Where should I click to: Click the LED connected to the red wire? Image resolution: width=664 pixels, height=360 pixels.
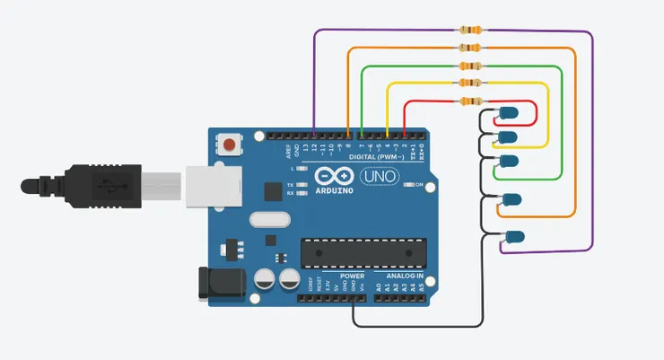tap(508, 113)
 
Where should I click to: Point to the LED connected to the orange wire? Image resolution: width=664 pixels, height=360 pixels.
tap(512, 199)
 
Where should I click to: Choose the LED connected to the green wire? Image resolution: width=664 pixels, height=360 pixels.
tap(509, 161)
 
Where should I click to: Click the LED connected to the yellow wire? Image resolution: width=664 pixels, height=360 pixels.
tap(508, 136)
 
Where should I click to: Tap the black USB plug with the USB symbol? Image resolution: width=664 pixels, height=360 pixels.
tap(103, 186)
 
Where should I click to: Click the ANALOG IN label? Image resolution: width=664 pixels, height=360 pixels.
tap(404, 276)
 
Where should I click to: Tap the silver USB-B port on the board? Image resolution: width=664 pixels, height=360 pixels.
tap(215, 186)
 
